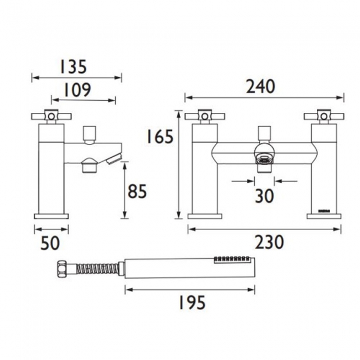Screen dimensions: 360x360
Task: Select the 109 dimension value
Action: pyautogui.click(x=75, y=90)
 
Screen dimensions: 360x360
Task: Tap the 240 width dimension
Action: pyautogui.click(x=259, y=87)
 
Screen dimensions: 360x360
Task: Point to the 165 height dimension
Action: pyautogui.click(x=161, y=136)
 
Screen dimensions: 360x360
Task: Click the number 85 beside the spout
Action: pyautogui.click(x=137, y=192)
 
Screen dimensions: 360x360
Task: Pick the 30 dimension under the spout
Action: pyautogui.click(x=264, y=196)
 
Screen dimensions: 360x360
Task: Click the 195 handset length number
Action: pyautogui.click(x=191, y=302)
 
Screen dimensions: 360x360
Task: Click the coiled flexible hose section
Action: pyautogui.click(x=97, y=269)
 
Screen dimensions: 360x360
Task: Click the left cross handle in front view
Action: pyautogui.click(x=204, y=116)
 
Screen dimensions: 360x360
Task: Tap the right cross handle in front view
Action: pyautogui.click(x=324, y=116)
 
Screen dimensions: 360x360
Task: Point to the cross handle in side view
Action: pyautogui.click(x=52, y=116)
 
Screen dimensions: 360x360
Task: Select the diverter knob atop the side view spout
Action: pyautogui.click(x=89, y=133)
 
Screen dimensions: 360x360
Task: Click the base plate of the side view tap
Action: pyautogui.click(x=52, y=215)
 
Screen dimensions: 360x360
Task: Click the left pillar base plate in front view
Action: pyautogui.click(x=205, y=216)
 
